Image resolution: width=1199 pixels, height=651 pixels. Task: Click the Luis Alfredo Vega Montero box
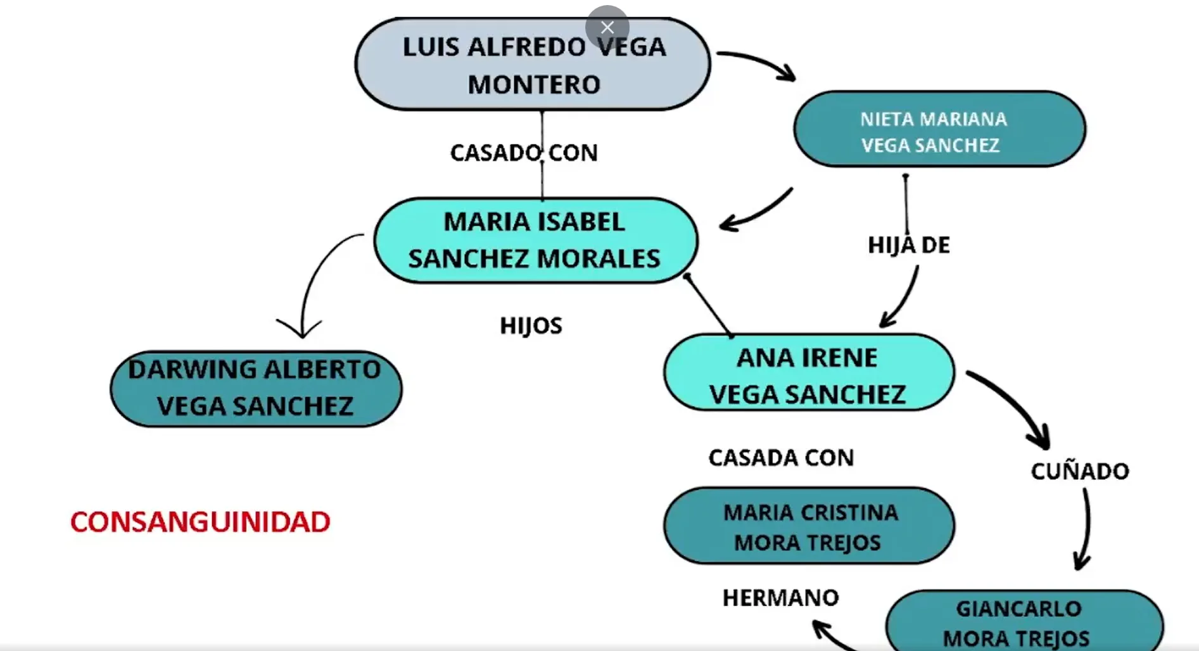(532, 65)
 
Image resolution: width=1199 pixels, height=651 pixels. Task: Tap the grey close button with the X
(607, 27)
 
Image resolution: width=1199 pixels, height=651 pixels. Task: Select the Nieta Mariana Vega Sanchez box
(939, 130)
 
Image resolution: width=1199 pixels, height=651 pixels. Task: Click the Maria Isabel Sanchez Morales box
(535, 240)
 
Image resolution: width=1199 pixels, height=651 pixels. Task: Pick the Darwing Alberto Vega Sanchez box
(255, 388)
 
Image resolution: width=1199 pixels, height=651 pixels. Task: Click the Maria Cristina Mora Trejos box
(809, 526)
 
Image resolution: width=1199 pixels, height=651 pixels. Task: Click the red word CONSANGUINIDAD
(200, 522)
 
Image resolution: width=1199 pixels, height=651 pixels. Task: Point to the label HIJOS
(531, 325)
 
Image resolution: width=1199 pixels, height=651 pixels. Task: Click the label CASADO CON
(523, 153)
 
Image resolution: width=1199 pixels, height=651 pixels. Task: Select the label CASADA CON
(781, 457)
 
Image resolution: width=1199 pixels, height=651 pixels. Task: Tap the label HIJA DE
(908, 245)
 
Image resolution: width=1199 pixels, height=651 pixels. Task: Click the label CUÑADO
(1079, 471)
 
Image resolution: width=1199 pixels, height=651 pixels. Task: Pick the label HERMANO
(780, 597)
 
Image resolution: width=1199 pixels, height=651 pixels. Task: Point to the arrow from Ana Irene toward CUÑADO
(1013, 405)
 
